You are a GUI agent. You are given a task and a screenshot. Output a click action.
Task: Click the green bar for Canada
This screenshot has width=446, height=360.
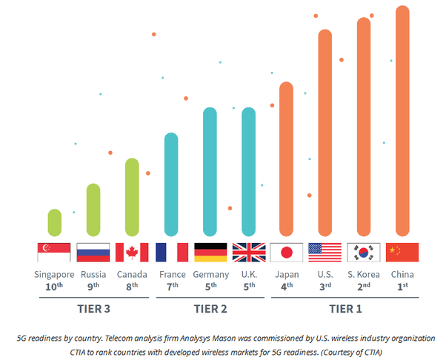click(132, 197)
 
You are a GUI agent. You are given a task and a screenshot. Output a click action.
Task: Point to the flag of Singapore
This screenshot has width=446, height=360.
click(54, 253)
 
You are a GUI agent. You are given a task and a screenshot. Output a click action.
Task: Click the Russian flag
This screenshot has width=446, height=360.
click(93, 253)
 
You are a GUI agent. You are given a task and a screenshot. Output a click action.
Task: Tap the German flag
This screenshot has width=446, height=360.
click(210, 253)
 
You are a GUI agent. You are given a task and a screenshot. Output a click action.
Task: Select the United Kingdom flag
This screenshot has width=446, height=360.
click(249, 253)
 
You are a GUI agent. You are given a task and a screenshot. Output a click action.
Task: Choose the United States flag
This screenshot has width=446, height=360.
click(324, 253)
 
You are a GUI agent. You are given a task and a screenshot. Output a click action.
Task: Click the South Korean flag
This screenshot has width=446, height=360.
click(363, 253)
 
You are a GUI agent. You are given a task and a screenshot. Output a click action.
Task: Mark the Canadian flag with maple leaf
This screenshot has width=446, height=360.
click(132, 253)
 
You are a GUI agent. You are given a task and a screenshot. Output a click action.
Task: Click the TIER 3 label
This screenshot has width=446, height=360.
click(94, 307)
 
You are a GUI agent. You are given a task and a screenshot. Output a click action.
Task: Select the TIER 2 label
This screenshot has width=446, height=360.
click(210, 307)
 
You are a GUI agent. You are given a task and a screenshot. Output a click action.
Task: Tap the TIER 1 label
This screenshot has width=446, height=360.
click(345, 307)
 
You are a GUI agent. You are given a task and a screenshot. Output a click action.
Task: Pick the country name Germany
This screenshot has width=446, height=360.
click(210, 275)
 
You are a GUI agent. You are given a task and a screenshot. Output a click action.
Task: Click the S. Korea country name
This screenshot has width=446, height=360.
click(363, 275)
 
